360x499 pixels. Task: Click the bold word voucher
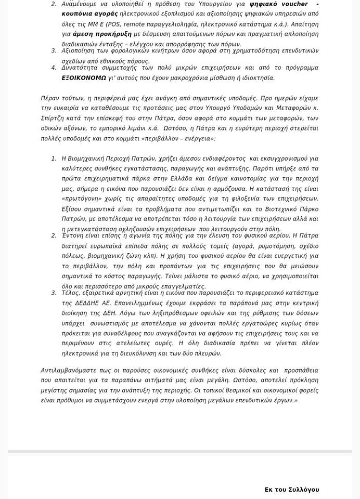tap(294, 4)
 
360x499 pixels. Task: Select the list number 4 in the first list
tap(54, 68)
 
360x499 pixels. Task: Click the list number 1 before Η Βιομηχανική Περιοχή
tap(54, 159)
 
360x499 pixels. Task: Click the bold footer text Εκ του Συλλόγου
tap(292, 490)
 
